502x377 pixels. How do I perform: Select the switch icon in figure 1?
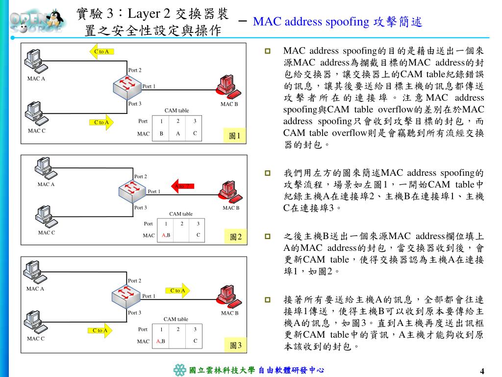(126, 85)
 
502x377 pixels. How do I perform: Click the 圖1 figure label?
(234, 135)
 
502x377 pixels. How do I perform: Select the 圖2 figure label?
(236, 237)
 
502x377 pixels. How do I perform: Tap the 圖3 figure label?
(236, 346)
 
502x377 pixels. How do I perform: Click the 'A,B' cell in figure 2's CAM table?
(166, 235)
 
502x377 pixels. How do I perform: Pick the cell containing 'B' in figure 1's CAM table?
(161, 134)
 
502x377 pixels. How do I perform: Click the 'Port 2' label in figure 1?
(135, 70)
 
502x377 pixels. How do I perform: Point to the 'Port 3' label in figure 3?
(134, 313)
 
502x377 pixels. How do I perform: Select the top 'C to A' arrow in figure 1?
(101, 51)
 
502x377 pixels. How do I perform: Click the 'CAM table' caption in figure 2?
(181, 214)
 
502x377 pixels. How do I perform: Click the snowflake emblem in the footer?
(180, 370)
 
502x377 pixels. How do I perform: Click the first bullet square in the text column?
(268, 51)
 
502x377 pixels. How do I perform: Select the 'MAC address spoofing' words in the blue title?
(311, 22)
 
